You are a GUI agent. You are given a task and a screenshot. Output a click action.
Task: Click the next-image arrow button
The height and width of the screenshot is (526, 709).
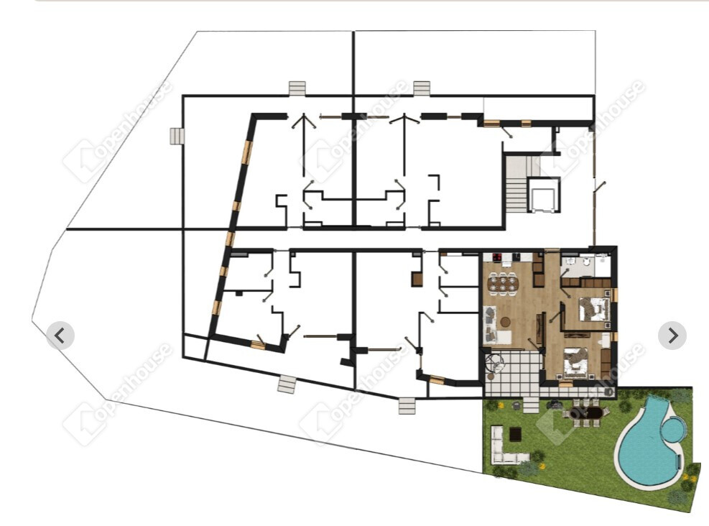click(x=672, y=336)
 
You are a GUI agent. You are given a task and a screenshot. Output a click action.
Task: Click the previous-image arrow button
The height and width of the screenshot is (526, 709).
click(x=60, y=336)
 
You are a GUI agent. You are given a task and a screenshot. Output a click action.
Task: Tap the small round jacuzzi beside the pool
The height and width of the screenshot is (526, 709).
click(x=674, y=430)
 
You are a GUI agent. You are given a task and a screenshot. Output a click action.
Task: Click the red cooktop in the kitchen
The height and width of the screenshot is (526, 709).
click(x=497, y=258)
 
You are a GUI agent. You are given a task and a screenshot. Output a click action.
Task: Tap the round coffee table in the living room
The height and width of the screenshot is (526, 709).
click(x=505, y=322)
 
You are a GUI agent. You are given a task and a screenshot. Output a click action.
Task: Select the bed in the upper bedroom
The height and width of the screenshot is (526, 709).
click(x=593, y=309)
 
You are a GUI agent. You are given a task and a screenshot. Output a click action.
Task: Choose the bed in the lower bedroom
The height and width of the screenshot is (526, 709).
click(x=575, y=363)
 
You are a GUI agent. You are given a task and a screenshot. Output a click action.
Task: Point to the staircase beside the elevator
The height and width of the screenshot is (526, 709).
click(x=516, y=184)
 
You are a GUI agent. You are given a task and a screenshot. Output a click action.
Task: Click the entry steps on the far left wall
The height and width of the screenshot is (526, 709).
click(x=177, y=136)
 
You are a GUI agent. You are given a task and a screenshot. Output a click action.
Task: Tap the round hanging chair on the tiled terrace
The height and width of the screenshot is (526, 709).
click(x=493, y=363)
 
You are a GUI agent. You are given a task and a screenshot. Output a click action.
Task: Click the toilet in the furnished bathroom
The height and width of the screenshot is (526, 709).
click(x=587, y=262)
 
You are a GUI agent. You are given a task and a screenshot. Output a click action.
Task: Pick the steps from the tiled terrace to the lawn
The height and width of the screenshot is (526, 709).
click(x=531, y=405)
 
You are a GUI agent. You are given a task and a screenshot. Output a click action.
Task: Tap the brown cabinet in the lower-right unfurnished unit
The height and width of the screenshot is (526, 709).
click(x=417, y=279)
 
